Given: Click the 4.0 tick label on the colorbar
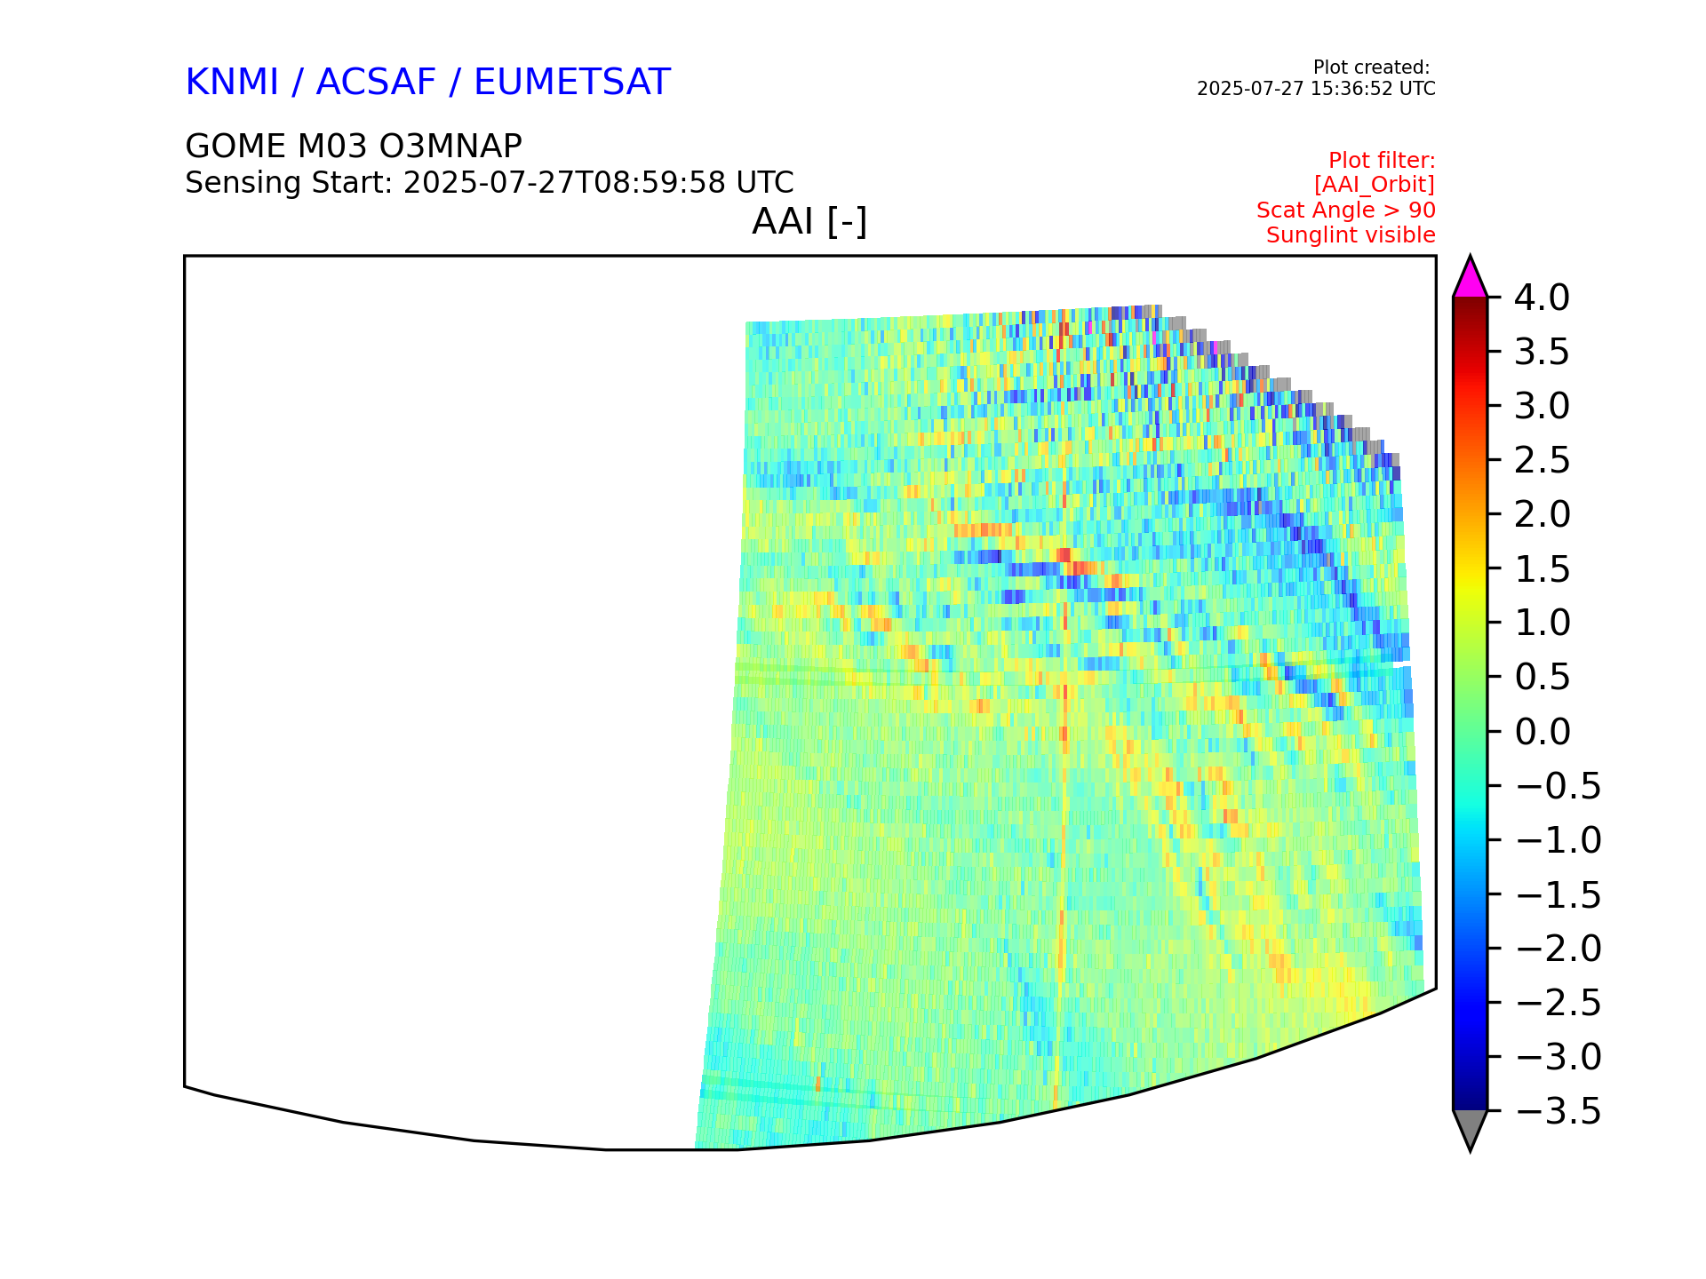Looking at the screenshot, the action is [1542, 298].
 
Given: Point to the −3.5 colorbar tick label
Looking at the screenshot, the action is [1559, 1111].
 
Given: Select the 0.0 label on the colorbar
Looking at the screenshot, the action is [1542, 732].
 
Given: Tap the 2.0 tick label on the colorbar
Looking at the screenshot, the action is [1542, 514].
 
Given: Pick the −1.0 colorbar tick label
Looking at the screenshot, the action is [1559, 840].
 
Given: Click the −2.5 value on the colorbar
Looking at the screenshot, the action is [1559, 1003].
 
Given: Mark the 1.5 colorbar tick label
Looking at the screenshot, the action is [1542, 569].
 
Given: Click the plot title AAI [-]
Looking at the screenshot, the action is [809, 221].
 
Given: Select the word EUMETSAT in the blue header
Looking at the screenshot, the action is [572, 82].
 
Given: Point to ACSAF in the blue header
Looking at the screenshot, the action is [377, 82].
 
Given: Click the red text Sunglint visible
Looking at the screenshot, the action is [1351, 235].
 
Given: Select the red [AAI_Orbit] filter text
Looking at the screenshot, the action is [1375, 185].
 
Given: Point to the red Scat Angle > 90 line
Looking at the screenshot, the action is [1346, 211].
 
